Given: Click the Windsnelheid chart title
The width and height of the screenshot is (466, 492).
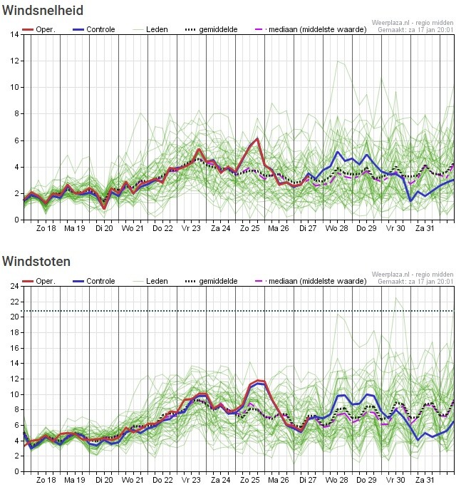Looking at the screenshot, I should click(43, 11).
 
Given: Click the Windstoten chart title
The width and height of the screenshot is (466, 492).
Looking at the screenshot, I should click(36, 262).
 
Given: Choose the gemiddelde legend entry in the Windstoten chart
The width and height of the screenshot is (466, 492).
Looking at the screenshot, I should click(222, 281).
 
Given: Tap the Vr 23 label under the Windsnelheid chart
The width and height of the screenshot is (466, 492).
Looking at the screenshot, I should click(190, 228).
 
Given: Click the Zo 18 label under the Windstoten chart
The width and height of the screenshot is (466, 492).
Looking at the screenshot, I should click(46, 480).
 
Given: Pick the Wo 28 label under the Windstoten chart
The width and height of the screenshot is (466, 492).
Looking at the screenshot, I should click(336, 480).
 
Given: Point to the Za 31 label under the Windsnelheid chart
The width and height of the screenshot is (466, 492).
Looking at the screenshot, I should click(425, 228).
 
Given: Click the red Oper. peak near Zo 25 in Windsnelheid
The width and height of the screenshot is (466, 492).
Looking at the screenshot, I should click(257, 139).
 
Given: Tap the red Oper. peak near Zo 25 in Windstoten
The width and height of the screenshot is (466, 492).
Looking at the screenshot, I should click(259, 381).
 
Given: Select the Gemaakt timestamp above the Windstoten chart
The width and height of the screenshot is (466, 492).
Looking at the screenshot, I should click(415, 282).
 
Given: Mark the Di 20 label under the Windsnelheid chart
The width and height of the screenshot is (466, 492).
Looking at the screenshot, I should click(104, 228).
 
